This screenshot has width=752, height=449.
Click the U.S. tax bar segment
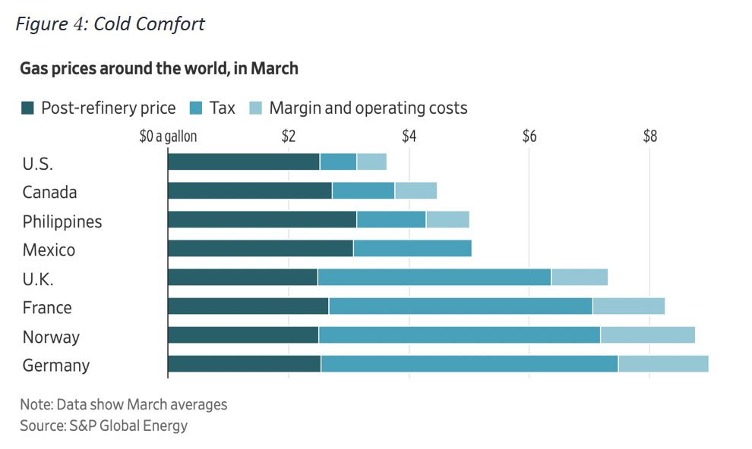click(x=338, y=162)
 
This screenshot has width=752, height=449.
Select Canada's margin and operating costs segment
click(x=415, y=190)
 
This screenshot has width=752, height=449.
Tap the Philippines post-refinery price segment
click(x=262, y=219)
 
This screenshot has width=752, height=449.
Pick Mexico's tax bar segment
click(x=412, y=248)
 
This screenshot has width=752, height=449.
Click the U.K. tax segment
click(x=434, y=277)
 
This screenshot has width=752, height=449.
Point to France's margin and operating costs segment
click(x=628, y=306)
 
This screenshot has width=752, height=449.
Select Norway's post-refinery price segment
click(x=243, y=335)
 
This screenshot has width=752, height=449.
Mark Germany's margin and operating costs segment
click(x=663, y=364)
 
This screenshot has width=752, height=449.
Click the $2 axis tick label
click(x=288, y=137)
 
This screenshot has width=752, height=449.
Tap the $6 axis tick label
click(x=529, y=137)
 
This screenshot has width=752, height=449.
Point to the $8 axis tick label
click(x=649, y=137)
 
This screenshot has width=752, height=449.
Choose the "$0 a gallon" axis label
click(x=168, y=137)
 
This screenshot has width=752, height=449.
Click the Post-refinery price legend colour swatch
click(x=28, y=108)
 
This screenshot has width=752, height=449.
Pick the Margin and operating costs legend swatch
click(x=255, y=108)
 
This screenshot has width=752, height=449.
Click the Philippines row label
click(x=62, y=221)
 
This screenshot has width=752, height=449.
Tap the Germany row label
click(x=56, y=366)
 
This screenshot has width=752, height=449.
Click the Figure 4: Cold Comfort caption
click(x=110, y=24)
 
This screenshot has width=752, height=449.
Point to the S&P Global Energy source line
click(x=104, y=425)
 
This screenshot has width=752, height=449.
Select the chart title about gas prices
click(x=159, y=69)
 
